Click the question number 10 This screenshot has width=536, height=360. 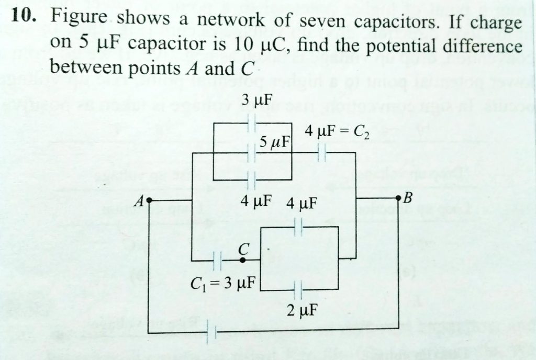click(23, 18)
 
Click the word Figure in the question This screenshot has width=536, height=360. click(79, 20)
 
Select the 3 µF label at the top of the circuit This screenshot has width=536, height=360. click(253, 100)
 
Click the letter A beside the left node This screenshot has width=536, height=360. click(139, 200)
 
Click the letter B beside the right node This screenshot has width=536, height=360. click(409, 199)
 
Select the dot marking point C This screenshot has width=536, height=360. click(241, 260)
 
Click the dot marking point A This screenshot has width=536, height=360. click(150, 200)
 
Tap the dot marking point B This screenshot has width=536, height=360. click(399, 198)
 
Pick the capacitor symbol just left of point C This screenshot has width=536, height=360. click(219, 260)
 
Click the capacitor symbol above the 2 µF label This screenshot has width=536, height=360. click(298, 289)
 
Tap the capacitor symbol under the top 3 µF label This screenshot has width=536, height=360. click(251, 123)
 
